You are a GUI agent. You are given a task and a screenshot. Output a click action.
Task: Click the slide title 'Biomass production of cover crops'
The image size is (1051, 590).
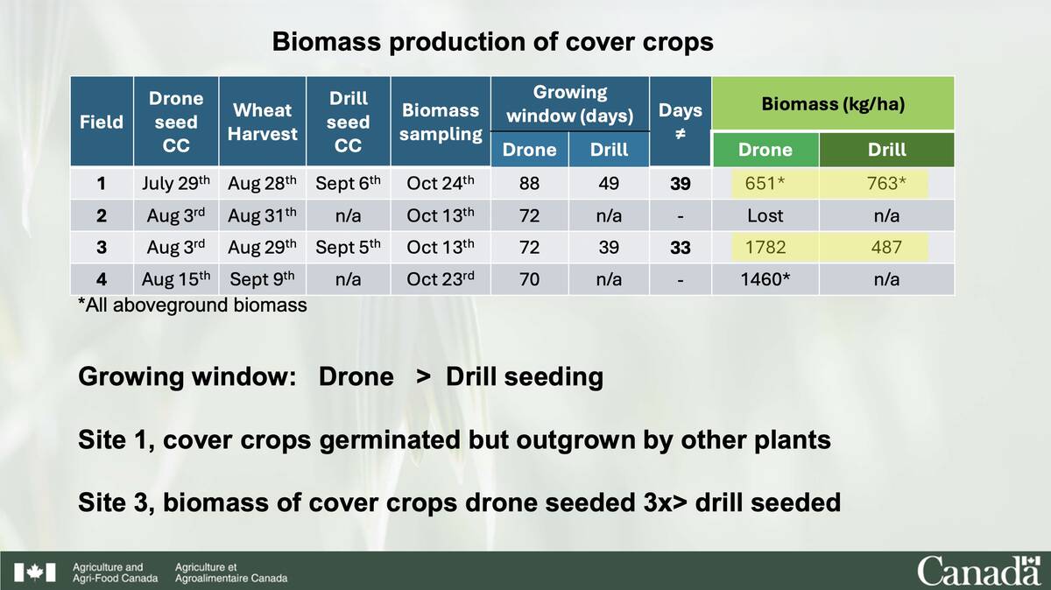492,42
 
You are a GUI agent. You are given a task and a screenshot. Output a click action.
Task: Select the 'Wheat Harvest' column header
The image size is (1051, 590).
262,122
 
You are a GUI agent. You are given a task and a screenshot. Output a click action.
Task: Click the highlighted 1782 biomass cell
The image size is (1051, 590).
765,248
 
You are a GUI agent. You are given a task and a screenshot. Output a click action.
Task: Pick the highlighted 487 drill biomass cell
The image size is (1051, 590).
886,248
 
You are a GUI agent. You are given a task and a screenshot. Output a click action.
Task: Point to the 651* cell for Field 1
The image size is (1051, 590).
765,184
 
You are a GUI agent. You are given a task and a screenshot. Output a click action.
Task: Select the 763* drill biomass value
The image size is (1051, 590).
886,184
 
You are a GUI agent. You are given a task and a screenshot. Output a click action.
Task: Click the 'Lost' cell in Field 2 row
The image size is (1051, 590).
765,215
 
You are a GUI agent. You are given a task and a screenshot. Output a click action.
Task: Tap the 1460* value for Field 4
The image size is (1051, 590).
765,280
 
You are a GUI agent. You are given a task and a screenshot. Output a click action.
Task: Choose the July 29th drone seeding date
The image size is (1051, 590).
176,184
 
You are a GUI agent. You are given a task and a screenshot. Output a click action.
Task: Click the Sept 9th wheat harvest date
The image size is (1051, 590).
262,280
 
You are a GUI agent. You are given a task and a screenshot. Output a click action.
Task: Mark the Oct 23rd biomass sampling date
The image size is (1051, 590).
441,280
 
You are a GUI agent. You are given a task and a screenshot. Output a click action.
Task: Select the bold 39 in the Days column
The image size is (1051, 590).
680,184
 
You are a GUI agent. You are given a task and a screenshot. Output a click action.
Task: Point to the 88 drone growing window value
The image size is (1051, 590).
529,184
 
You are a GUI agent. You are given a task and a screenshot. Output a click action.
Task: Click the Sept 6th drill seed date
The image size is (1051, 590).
348,184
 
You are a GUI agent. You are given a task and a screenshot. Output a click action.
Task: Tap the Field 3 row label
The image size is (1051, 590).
102,248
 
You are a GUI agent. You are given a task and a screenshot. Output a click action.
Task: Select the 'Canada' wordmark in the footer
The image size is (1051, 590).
978,571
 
